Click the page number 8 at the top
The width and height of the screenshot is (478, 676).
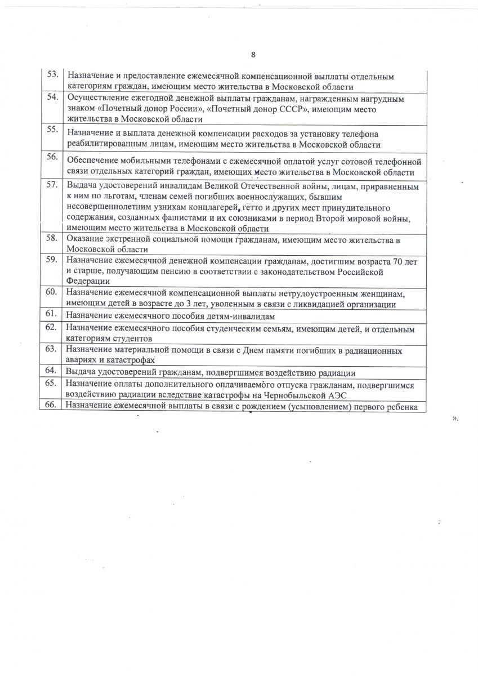(x=253, y=55)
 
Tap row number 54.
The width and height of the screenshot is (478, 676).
(x=52, y=97)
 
